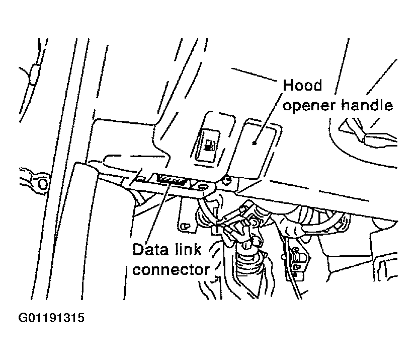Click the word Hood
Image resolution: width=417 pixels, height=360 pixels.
point(302,85)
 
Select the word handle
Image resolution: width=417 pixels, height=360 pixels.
point(368,106)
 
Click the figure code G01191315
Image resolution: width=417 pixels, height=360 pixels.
point(52,319)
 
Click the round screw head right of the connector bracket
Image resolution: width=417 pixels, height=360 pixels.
point(228,180)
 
